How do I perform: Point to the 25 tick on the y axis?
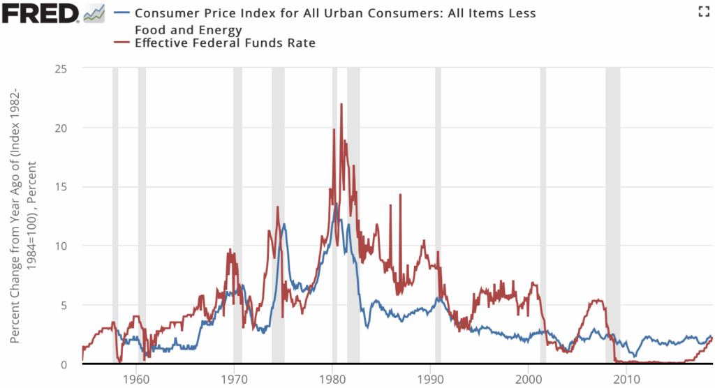pos(69,68)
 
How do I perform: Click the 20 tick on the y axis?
pos(69,128)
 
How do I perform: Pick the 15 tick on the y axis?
pos(69,187)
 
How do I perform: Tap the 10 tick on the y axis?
pos(69,246)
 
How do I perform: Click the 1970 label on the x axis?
pos(234,380)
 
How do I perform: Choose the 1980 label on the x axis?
pos(332,380)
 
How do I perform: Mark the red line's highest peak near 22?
pos(341,104)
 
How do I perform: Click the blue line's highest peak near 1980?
pos(337,204)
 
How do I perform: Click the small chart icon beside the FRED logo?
pos(94,12)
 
